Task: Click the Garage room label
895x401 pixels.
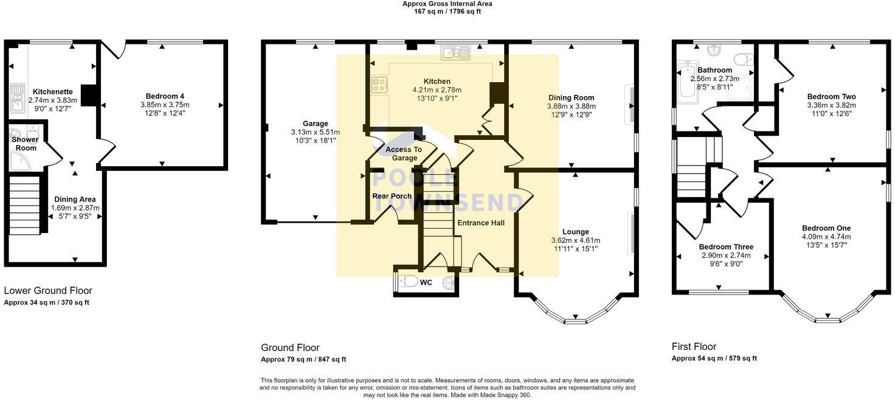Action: click(x=315, y=124)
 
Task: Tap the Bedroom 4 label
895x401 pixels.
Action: click(x=165, y=96)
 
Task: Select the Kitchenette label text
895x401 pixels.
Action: click(x=53, y=91)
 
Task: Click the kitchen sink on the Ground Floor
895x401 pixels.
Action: click(x=455, y=52)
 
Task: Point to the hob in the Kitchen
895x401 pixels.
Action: click(x=379, y=85)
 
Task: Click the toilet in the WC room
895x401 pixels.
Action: click(x=407, y=282)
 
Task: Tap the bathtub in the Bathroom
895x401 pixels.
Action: click(x=687, y=82)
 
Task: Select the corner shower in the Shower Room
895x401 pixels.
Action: click(x=19, y=161)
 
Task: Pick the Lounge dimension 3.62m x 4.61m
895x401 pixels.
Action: click(x=575, y=240)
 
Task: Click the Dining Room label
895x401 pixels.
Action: click(x=571, y=97)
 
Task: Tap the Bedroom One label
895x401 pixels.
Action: click(x=826, y=228)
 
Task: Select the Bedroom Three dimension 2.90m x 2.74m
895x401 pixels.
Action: click(x=726, y=256)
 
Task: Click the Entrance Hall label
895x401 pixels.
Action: click(x=481, y=223)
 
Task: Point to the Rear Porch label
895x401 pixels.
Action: click(x=392, y=196)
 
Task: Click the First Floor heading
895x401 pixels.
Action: click(x=694, y=347)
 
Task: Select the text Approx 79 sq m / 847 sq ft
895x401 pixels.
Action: click(x=303, y=360)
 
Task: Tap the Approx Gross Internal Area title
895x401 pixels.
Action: click(x=447, y=4)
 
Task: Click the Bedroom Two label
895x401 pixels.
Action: click(x=832, y=96)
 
